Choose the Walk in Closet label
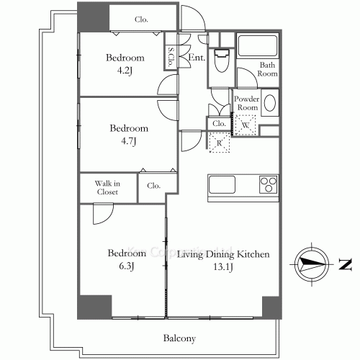107,188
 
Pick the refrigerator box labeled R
218,143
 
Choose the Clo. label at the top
141,19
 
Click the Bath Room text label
268,70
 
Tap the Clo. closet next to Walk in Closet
153,185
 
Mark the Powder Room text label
247,103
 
